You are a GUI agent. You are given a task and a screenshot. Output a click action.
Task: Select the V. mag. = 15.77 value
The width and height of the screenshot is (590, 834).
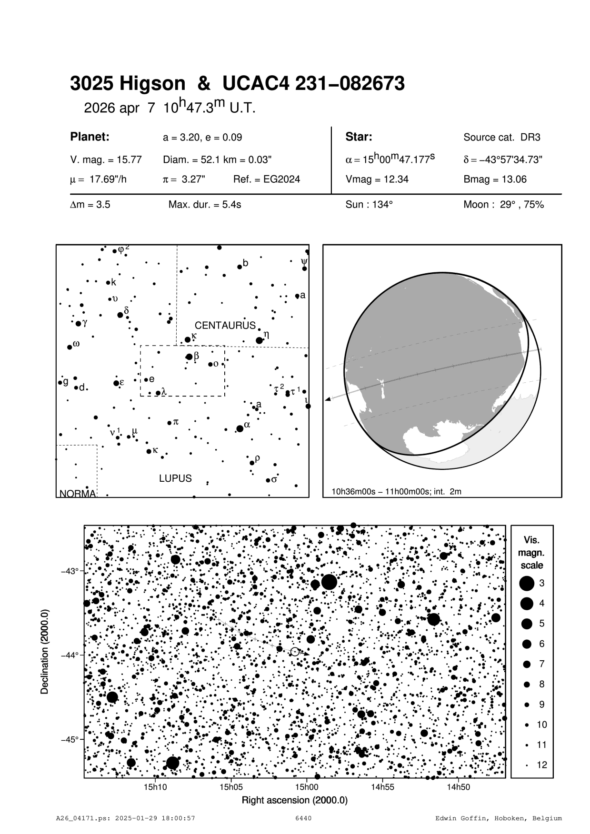click(x=106, y=160)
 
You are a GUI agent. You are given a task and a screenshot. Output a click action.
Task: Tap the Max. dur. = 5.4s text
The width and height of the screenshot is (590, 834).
click(x=204, y=205)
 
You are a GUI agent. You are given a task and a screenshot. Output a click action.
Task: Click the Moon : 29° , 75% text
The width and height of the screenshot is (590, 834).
click(x=503, y=205)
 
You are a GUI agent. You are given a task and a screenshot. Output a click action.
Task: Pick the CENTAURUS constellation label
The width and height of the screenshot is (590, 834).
click(x=225, y=326)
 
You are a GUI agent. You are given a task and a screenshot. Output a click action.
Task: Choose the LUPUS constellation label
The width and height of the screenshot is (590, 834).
click(x=175, y=478)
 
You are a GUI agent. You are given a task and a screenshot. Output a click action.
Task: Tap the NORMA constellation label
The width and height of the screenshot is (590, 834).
click(x=78, y=494)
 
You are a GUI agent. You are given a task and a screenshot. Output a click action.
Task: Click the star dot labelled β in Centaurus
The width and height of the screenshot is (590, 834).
click(x=189, y=357)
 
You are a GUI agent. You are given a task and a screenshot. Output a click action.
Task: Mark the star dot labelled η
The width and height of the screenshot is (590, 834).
click(x=259, y=340)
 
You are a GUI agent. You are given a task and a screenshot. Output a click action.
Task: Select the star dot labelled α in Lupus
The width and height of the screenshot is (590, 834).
click(x=240, y=428)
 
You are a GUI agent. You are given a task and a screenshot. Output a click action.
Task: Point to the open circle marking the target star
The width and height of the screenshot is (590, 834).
click(x=295, y=652)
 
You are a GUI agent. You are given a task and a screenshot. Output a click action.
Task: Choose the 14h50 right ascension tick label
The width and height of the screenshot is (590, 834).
click(x=458, y=787)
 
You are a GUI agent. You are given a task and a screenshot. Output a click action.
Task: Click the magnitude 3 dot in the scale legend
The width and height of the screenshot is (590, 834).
click(x=527, y=583)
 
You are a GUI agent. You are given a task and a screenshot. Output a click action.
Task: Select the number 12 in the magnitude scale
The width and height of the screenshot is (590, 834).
click(x=542, y=765)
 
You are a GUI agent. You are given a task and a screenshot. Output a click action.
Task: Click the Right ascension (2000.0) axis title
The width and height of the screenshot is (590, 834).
click(x=295, y=800)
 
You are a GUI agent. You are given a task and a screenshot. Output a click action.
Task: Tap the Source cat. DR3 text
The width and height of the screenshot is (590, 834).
click(x=502, y=138)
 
